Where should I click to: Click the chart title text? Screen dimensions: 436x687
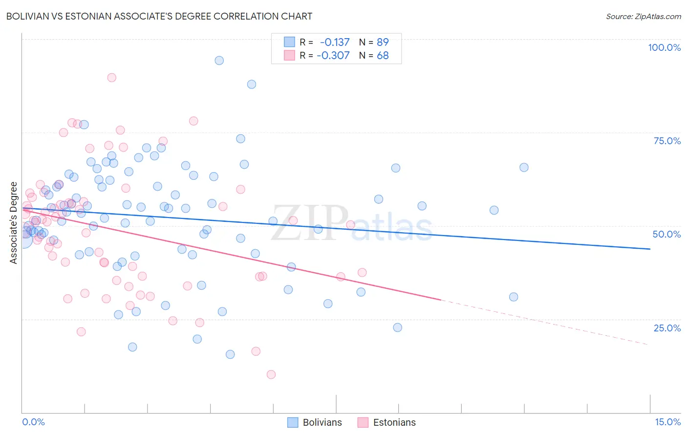click(159, 16)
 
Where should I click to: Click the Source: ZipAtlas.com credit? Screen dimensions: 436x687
click(643, 16)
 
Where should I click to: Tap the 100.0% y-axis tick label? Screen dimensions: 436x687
click(664, 47)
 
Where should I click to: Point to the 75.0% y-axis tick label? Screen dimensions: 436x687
click(667, 141)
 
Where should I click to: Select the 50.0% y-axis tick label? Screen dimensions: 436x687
click(666, 234)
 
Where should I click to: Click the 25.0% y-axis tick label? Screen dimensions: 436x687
click(667, 328)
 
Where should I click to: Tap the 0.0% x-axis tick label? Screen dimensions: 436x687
click(33, 422)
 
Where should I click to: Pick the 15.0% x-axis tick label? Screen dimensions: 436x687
click(667, 422)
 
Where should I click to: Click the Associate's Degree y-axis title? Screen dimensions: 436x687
click(14, 222)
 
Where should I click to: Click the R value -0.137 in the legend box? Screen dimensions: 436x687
click(335, 42)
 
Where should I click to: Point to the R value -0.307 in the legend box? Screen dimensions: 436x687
click(333, 55)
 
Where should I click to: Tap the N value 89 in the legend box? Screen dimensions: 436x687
click(383, 42)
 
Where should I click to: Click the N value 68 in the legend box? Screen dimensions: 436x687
click(383, 55)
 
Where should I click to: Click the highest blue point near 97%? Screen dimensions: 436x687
click(219, 61)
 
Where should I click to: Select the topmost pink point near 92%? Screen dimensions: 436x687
click(111, 78)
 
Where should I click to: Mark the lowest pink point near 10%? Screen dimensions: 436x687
click(271, 374)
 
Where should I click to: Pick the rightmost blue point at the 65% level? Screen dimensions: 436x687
click(524, 168)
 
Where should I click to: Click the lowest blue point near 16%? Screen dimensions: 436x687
click(230, 354)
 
